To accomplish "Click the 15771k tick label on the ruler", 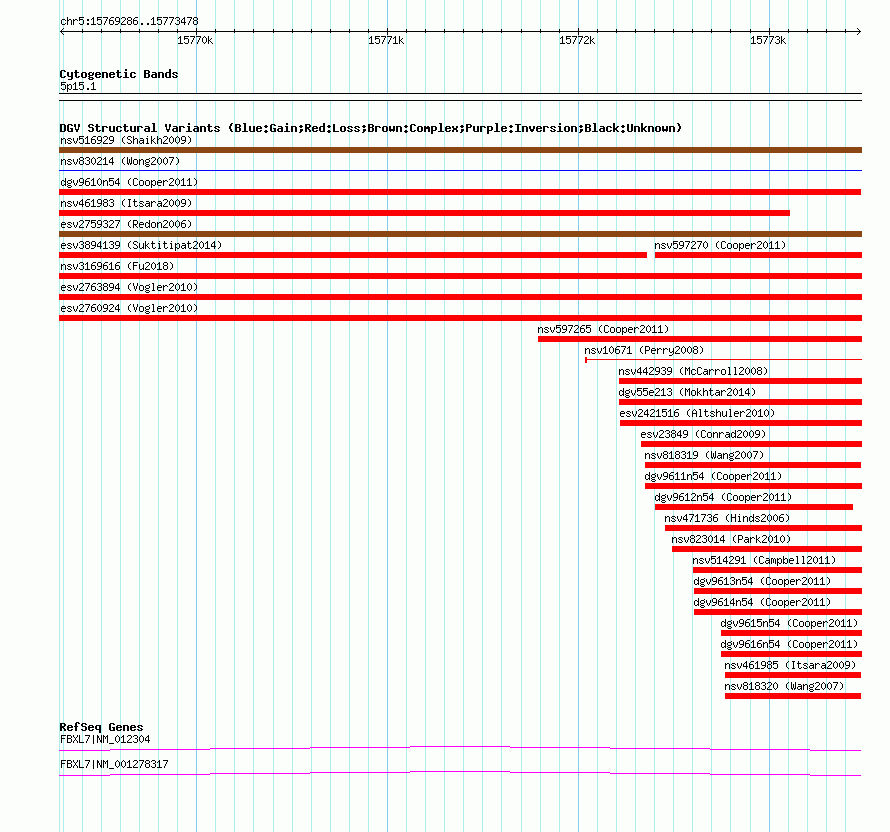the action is click(x=386, y=40).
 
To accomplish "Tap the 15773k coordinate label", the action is click(x=768, y=40).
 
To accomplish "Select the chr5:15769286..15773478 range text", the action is click(x=129, y=22).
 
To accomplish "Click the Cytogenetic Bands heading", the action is click(x=119, y=74).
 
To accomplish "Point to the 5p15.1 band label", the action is click(x=78, y=86).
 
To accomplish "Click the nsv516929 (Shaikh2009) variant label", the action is click(x=126, y=140).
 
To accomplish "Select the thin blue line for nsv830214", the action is click(x=460, y=170).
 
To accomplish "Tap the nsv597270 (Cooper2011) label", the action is click(x=720, y=245).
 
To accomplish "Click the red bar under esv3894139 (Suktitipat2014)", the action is click(x=353, y=255).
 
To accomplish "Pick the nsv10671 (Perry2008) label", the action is click(x=644, y=350).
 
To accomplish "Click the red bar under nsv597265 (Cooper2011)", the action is click(x=700, y=339).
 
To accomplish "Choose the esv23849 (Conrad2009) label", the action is click(x=703, y=434).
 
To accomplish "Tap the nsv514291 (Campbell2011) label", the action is click(x=764, y=560).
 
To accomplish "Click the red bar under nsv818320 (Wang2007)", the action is click(x=793, y=696).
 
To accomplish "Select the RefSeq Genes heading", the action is click(x=101, y=727).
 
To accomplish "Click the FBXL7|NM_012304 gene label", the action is click(x=105, y=739).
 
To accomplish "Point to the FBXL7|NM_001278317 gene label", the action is click(x=114, y=764).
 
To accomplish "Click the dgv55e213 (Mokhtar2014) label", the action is click(x=687, y=392).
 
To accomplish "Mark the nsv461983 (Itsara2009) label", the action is click(x=126, y=203).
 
